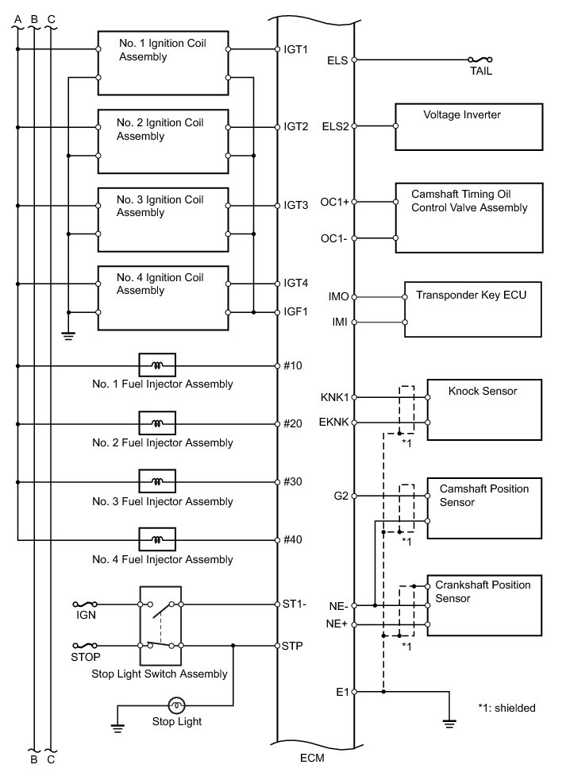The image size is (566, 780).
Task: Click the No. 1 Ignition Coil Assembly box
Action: point(163,64)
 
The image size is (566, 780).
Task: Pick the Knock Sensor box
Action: point(483,409)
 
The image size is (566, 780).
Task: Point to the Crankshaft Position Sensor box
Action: point(483,606)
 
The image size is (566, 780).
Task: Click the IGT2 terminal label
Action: point(295,126)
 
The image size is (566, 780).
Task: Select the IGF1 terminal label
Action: point(295,311)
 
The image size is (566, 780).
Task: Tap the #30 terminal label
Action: point(293,482)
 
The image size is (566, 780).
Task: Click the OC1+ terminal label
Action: point(334,203)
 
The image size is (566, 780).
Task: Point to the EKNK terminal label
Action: point(333,422)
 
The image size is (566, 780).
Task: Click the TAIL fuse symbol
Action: point(481,60)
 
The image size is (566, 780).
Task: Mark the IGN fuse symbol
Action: point(85,604)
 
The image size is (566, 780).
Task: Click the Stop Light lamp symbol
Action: point(177,705)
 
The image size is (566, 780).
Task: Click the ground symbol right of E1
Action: point(449,723)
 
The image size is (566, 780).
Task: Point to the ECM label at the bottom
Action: point(313,759)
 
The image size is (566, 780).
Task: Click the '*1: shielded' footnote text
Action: point(506,707)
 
